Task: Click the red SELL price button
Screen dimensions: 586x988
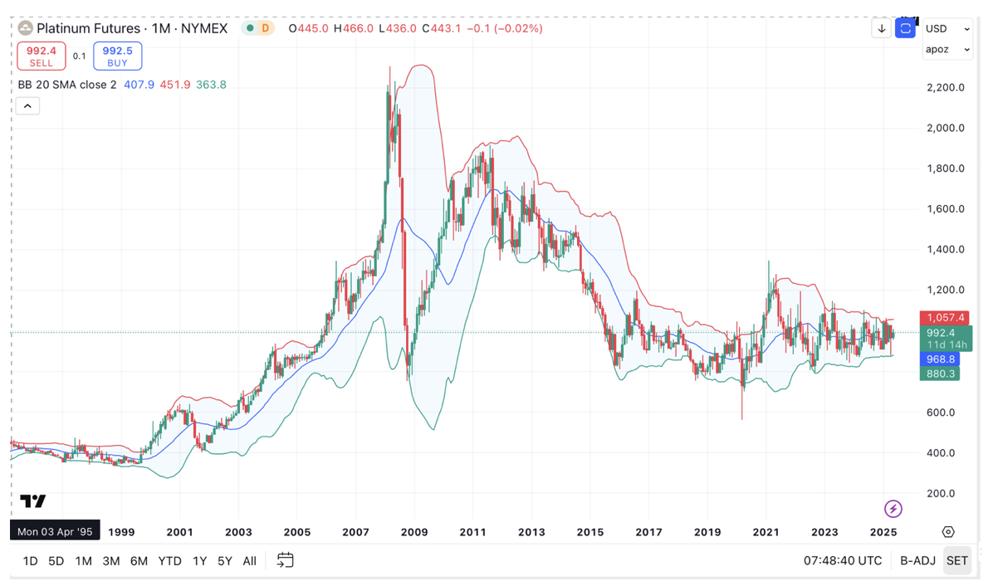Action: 41,56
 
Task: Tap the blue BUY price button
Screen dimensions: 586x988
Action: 117,56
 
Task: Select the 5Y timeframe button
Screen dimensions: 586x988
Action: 225,561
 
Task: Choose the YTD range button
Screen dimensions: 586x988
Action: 169,561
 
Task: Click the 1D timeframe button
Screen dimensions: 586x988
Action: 30,561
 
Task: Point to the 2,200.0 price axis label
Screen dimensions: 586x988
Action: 945,87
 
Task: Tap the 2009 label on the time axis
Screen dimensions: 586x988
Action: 413,532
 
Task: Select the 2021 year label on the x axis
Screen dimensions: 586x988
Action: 765,532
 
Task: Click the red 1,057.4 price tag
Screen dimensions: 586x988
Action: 946,318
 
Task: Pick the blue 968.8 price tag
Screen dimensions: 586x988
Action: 941,359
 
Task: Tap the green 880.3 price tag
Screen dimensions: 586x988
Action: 941,374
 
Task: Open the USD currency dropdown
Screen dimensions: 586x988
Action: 947,28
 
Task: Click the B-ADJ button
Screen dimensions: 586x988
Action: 917,561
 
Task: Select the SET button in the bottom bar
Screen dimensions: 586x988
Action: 956,561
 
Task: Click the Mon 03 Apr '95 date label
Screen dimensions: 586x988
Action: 55,531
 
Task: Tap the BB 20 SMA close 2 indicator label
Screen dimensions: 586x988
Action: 67,85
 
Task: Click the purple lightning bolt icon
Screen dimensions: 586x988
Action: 893,509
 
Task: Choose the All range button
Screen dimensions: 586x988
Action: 249,561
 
